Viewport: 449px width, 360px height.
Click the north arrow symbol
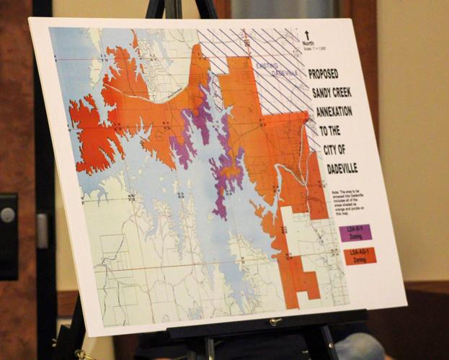click(x=306, y=34)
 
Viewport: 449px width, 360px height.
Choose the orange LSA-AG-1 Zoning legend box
click(x=359, y=256)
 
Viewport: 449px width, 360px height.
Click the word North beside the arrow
click(x=308, y=44)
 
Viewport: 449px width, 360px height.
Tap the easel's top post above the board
click(x=172, y=9)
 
